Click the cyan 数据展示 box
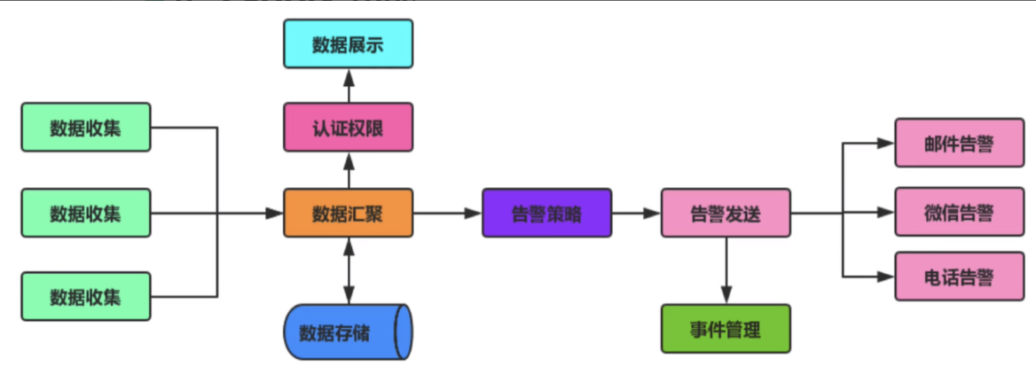coord(349,43)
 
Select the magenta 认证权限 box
coord(349,127)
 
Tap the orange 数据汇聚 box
coord(349,213)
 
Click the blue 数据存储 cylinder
coord(349,332)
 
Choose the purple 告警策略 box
coord(546,213)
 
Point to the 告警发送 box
coord(726,213)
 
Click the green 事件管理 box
coord(726,329)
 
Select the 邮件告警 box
coord(960,143)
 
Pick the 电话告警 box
coord(960,276)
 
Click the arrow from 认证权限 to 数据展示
coord(349,85)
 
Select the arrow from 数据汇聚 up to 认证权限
coord(349,170)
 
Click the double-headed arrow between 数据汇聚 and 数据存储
coord(349,270)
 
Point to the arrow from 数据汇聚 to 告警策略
coord(447,213)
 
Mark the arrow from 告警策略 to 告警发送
coord(636,213)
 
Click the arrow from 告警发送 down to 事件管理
coord(726,270)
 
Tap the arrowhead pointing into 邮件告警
coord(886,143)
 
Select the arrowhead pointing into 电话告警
coord(886,277)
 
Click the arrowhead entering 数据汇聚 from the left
coord(275,213)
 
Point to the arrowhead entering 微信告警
coord(886,212)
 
